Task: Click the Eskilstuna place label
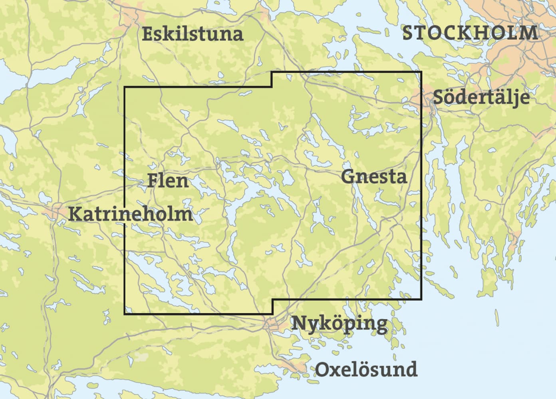[193, 34]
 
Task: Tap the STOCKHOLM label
[470, 33]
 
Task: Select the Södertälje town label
[481, 97]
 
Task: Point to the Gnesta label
[374, 176]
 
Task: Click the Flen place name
[168, 181]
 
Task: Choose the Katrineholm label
[130, 214]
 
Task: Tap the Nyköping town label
[339, 323]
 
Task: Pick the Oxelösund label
[366, 369]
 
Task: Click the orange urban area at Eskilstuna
[134, 16]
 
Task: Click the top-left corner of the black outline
[125, 87]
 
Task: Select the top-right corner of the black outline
[421, 72]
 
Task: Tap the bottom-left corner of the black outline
[125, 314]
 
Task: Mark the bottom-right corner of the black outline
[421, 299]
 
